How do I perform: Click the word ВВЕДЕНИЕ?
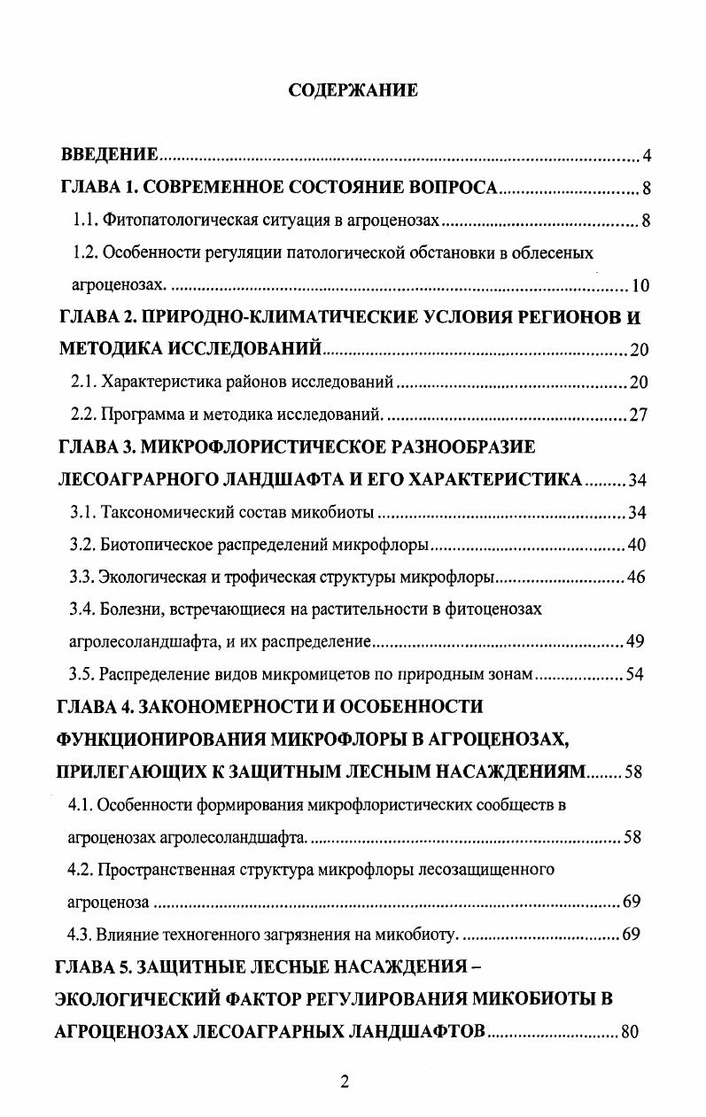(x=109, y=155)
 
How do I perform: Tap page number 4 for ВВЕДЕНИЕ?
(x=647, y=157)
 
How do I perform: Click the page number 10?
(x=640, y=285)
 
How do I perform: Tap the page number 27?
(x=639, y=415)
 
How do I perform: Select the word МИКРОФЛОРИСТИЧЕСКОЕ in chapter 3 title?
(x=282, y=446)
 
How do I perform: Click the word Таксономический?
(x=162, y=512)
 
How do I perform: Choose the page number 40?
(x=638, y=544)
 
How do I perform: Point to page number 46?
(x=636, y=577)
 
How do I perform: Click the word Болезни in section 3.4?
(x=126, y=609)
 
